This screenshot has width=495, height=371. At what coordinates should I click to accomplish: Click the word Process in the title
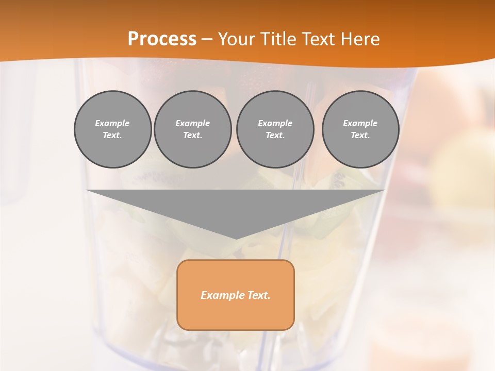[x=162, y=39]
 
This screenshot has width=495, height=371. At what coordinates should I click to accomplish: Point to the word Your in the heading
[x=235, y=39]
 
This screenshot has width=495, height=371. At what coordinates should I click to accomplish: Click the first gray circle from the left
[x=113, y=129]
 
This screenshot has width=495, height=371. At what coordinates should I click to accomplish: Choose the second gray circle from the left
[x=193, y=129]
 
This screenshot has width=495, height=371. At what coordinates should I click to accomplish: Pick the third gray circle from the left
[x=275, y=129]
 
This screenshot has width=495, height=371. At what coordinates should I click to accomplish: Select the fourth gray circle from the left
[x=360, y=129]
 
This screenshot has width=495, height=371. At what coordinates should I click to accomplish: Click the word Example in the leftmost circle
[x=112, y=123]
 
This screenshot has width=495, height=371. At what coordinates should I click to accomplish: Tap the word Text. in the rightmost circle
[x=360, y=136]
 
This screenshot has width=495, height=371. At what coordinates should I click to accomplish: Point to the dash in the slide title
[x=207, y=40]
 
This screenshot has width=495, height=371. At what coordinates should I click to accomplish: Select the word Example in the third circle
[x=275, y=123]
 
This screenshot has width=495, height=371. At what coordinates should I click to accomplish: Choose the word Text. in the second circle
[x=193, y=136]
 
